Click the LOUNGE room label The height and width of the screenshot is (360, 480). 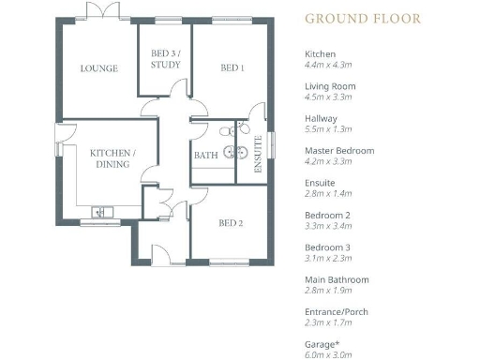98,68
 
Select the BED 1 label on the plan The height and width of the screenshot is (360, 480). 232,68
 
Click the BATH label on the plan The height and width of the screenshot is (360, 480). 205,156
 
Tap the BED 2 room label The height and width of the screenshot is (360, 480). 232,223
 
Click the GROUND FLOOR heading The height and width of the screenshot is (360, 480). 363,18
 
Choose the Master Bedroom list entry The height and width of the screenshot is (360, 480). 339,150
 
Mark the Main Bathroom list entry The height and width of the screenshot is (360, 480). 337,278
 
